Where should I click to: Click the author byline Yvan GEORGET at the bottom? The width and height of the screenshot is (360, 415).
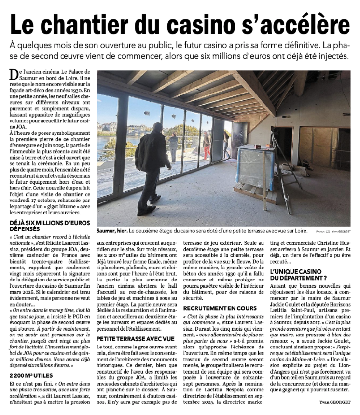coord(335,402)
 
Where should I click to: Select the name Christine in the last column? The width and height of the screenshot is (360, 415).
coord(325,243)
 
